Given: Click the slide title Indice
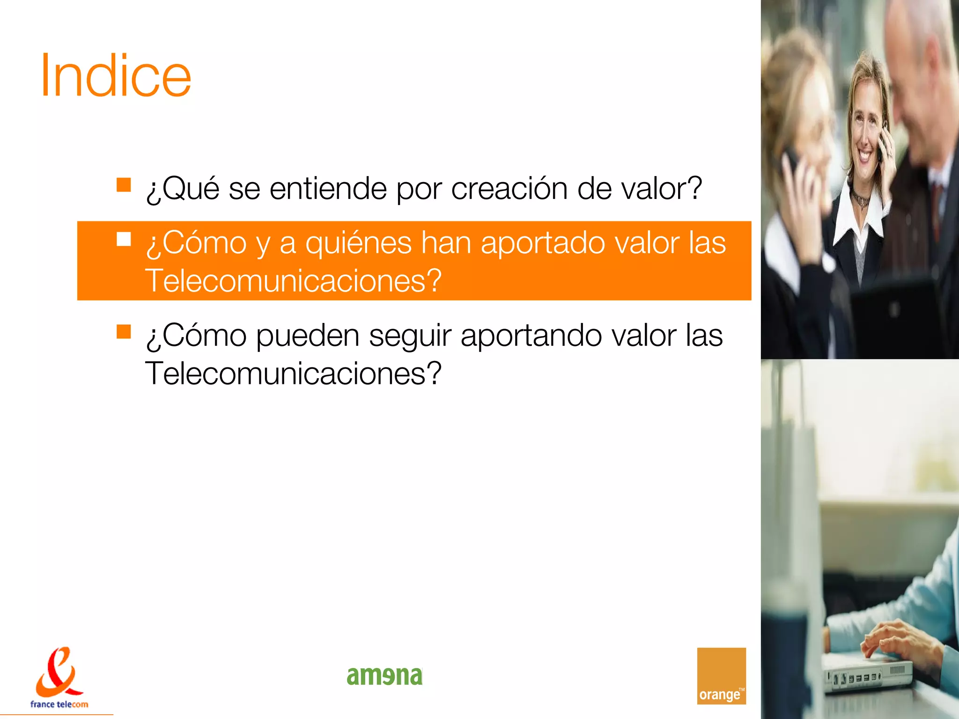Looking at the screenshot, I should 116,76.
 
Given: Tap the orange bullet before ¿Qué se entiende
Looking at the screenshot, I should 124,185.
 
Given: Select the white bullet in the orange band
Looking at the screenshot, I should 124,239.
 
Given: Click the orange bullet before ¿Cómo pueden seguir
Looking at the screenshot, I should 124,331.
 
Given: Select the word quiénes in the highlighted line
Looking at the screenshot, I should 358,243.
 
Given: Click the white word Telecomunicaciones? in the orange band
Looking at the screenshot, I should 293,281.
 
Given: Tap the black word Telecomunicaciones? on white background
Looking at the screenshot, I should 293,374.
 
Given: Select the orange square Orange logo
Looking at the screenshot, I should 721,675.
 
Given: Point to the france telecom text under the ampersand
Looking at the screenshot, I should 59,704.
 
